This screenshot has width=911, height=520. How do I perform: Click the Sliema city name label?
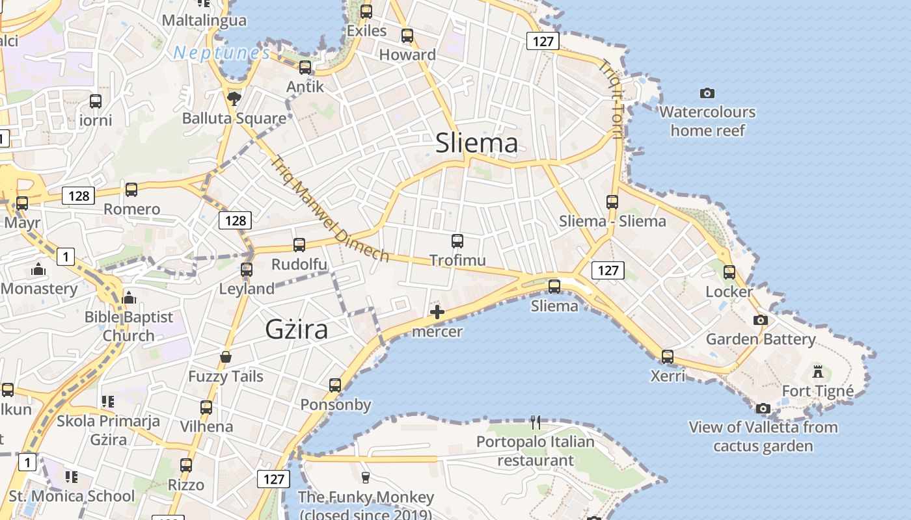pyautogui.click(x=476, y=143)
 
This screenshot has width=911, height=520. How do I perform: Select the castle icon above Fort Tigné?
pyautogui.click(x=818, y=372)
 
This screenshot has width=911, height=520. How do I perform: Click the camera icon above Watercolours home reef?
pyautogui.click(x=707, y=94)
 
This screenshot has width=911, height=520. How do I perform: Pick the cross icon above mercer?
pyautogui.click(x=437, y=313)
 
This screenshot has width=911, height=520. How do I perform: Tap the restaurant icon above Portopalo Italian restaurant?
pyautogui.click(x=536, y=422)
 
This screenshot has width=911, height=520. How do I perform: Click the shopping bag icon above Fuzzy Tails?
pyautogui.click(x=226, y=357)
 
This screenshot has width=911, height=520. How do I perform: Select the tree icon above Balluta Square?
pyautogui.click(x=234, y=99)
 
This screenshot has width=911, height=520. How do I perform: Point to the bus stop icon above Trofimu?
pyautogui.click(x=457, y=241)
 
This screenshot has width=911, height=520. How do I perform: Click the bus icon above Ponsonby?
pyautogui.click(x=335, y=385)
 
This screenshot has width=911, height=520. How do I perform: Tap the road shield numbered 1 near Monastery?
pyautogui.click(x=65, y=257)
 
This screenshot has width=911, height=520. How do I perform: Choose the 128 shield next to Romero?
pyautogui.click(x=79, y=196)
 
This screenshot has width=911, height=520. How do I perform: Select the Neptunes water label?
pyautogui.click(x=221, y=53)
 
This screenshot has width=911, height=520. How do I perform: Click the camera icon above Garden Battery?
pyautogui.click(x=760, y=320)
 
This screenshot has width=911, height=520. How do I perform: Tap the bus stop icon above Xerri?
pyautogui.click(x=668, y=357)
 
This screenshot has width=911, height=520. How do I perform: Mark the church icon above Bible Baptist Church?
pyautogui.click(x=129, y=298)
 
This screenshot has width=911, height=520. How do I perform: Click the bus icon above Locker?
pyautogui.click(x=729, y=272)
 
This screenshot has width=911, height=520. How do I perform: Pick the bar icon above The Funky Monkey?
pyautogui.click(x=365, y=478)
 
